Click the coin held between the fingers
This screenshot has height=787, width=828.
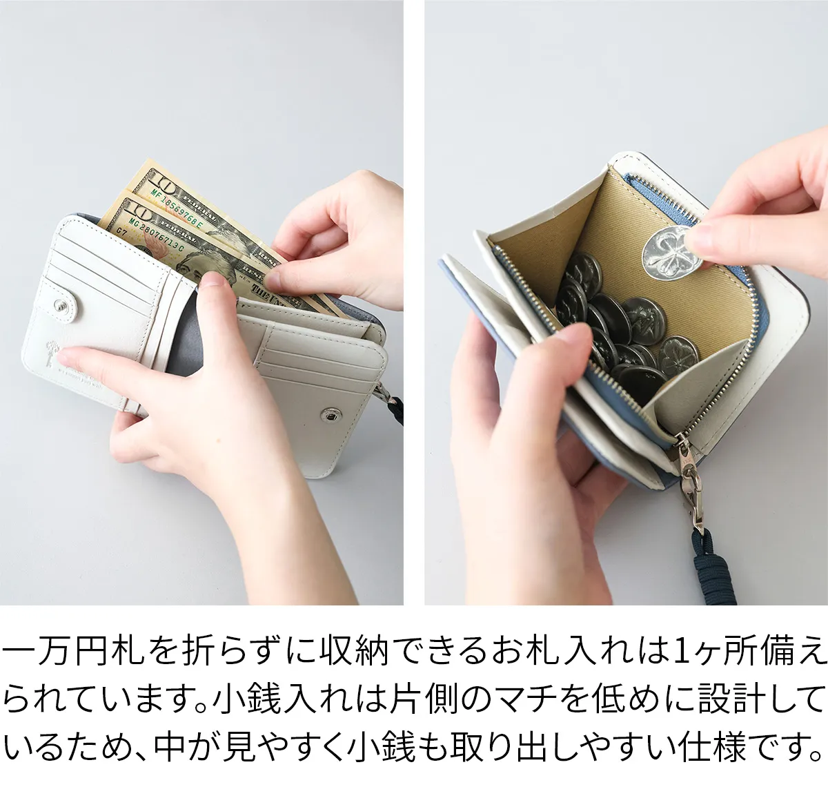(672, 251)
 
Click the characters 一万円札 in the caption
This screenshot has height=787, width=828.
(72, 650)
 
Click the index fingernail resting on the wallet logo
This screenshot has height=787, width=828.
(66, 358)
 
